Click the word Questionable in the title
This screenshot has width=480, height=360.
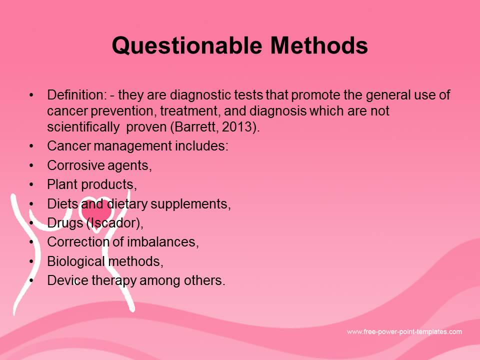click(x=187, y=46)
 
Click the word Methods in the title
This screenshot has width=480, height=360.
click(x=319, y=45)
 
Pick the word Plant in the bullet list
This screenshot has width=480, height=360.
click(x=62, y=184)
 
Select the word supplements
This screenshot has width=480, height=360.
click(x=190, y=204)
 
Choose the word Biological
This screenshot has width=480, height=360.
click(x=76, y=261)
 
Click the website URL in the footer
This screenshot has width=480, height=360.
click(x=404, y=332)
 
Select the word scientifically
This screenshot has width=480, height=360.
click(x=83, y=126)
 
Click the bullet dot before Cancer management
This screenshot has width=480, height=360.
click(x=31, y=146)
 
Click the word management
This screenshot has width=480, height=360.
click(x=133, y=146)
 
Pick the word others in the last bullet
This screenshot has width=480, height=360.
click(x=204, y=280)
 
